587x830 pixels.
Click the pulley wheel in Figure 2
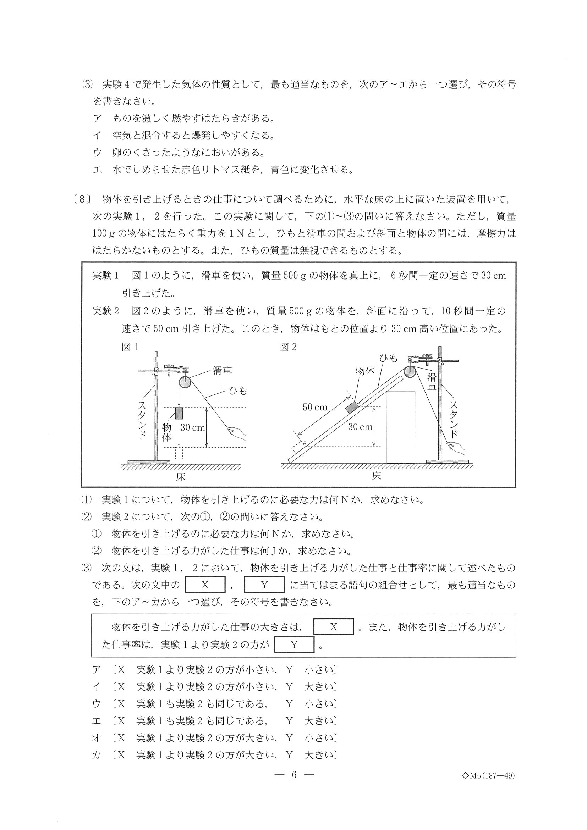point(410,372)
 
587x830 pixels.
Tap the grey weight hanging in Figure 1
point(179,413)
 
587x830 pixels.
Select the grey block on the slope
point(352,408)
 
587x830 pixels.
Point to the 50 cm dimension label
point(315,408)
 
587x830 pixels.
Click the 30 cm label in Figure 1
point(192,428)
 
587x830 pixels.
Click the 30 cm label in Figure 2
point(360,427)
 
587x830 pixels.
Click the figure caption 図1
point(130,347)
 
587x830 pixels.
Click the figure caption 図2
point(288,347)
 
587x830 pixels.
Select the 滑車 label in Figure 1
point(222,371)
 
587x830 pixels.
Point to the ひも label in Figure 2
point(388,358)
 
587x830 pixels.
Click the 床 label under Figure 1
point(181,476)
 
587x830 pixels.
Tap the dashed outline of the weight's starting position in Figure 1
point(179,453)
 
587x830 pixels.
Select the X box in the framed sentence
point(333,627)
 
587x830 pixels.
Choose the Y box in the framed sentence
point(294,644)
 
